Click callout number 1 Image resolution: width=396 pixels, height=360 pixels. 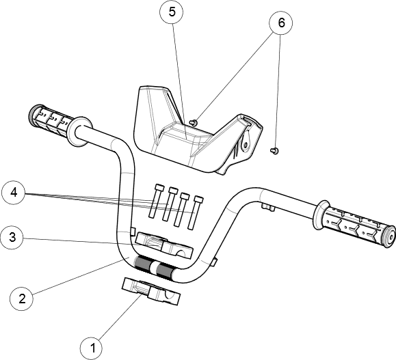coord(91,348)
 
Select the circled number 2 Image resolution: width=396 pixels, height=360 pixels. coord(22,299)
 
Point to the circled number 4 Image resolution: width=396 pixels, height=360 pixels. coord(14,193)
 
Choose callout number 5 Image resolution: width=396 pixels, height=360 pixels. coord(172,12)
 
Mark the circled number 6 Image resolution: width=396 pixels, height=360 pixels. coord(280,23)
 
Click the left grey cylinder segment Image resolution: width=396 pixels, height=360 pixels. coord(144,262)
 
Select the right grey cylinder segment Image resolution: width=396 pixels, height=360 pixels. coord(165,270)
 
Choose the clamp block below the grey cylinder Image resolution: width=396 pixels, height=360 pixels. coord(150,290)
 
